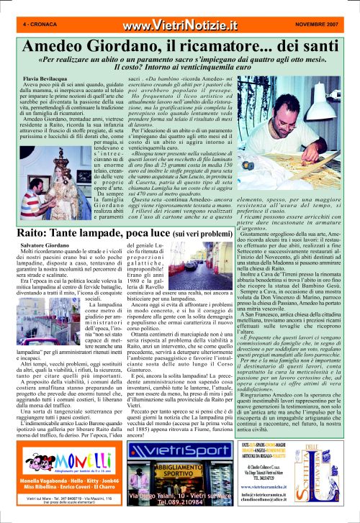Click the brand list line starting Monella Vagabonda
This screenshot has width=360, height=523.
tap(56, 479)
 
